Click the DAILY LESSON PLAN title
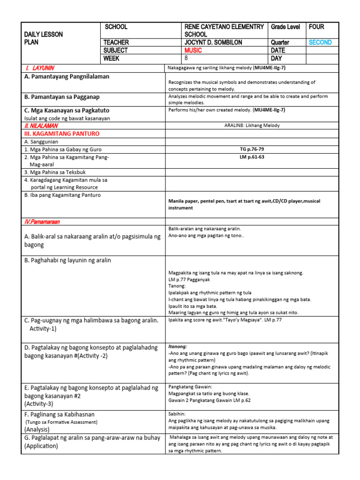coord(43,38)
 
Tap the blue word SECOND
coord(320,42)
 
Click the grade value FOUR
coord(316,27)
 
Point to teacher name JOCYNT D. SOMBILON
coord(213,42)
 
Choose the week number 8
coord(186,58)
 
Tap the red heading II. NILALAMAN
coord(41,126)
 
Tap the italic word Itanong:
coord(178,347)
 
